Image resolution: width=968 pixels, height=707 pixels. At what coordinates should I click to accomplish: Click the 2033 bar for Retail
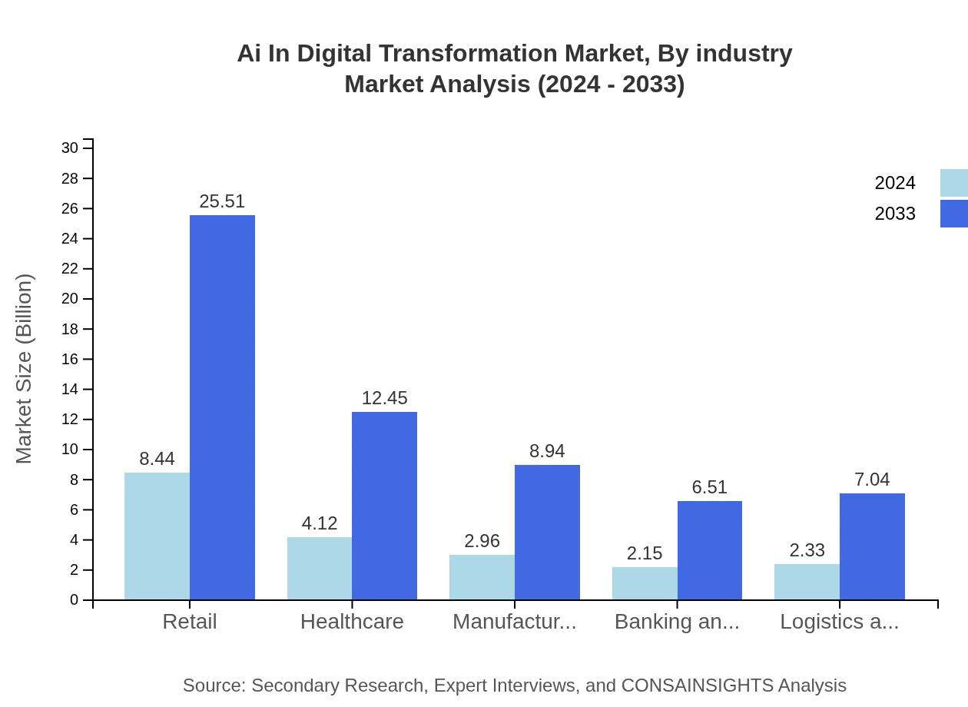click(222, 407)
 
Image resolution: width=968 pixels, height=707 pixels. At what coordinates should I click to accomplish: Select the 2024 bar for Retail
click(157, 536)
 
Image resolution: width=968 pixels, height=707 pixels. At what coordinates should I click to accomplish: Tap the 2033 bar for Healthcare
click(384, 506)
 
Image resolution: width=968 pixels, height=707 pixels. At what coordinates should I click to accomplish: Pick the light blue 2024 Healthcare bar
click(320, 568)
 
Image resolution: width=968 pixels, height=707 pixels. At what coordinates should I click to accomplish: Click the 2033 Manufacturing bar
click(547, 532)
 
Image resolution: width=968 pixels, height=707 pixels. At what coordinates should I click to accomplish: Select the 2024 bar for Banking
click(645, 583)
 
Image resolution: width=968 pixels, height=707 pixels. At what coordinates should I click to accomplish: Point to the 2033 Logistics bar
click(872, 546)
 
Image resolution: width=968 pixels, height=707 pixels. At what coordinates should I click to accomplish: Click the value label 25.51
click(222, 201)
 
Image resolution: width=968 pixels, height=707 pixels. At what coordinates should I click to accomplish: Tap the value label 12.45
click(384, 398)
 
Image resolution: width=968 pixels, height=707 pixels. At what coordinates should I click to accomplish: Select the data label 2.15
click(645, 553)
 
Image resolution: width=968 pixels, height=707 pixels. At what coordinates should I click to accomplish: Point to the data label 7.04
click(872, 480)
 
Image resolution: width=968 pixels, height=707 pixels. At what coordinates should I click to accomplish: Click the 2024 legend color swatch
click(953, 183)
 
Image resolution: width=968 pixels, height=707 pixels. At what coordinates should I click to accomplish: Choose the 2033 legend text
click(895, 214)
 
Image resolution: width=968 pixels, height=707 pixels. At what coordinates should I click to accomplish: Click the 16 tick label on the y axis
click(70, 359)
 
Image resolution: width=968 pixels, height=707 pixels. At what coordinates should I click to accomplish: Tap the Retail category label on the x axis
click(190, 622)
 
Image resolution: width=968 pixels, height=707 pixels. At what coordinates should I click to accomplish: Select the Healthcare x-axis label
click(352, 622)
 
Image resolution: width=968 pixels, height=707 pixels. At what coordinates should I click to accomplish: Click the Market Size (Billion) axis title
click(25, 369)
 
